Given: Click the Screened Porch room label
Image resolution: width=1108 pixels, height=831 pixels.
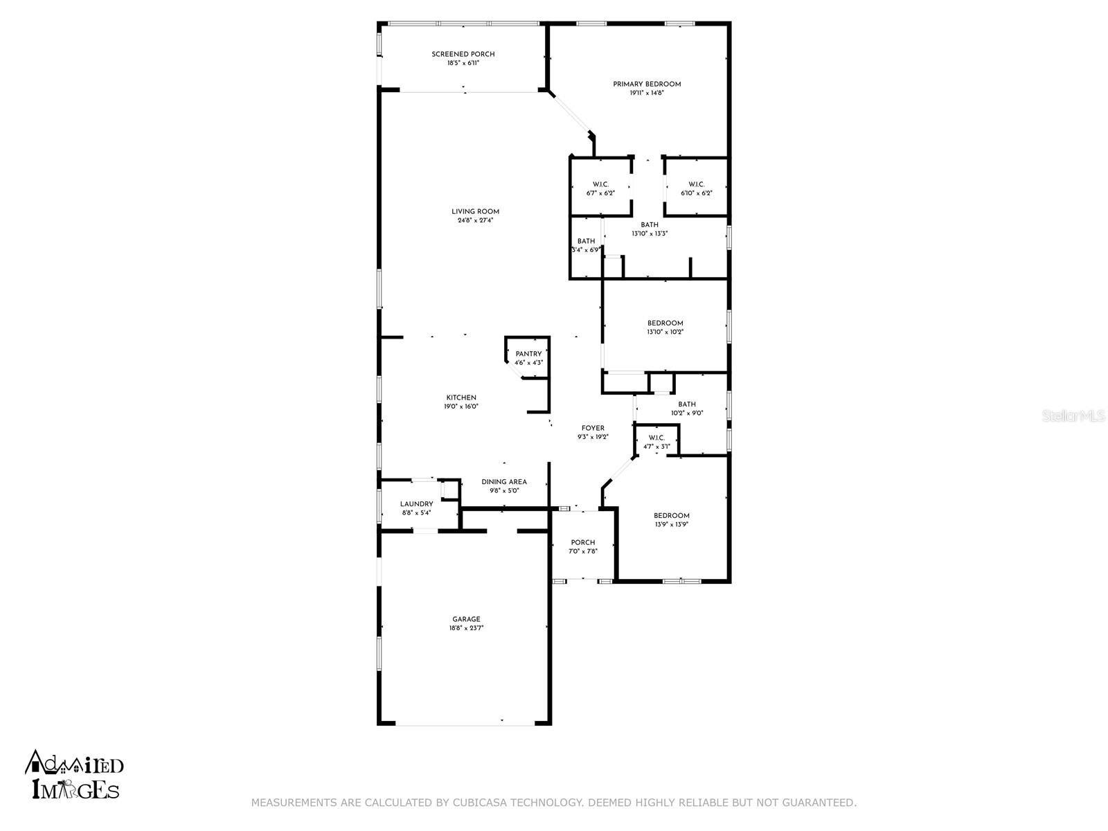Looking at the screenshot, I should [x=463, y=54].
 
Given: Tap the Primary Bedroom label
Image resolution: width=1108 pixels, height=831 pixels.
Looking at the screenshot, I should [x=647, y=84].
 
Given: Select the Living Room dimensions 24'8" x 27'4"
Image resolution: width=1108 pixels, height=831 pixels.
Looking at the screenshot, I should [x=475, y=221].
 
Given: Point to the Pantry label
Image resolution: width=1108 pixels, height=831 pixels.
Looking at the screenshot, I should [x=528, y=354].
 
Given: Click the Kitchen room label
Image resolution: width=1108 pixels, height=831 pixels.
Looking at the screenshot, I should [x=461, y=397].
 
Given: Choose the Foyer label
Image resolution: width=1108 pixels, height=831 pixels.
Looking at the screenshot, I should [x=593, y=429].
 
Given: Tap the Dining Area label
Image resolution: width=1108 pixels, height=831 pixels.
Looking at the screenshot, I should [x=504, y=482].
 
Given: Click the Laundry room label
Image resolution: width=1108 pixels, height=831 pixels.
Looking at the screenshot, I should [x=416, y=504].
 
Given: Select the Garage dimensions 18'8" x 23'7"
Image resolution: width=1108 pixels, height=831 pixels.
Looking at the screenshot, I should [x=466, y=629].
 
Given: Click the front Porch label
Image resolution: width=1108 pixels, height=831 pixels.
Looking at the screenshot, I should [x=582, y=542].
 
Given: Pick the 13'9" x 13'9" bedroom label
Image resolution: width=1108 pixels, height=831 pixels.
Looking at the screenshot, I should [x=672, y=516].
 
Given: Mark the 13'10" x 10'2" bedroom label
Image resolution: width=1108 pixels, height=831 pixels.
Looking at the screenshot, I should [x=665, y=323].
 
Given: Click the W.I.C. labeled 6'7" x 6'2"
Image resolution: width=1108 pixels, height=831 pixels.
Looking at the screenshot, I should [x=600, y=184].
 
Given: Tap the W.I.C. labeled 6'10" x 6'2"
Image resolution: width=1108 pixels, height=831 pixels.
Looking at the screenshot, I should [x=696, y=184].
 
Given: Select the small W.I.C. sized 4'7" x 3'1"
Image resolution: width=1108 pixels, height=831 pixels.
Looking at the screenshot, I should [x=656, y=438].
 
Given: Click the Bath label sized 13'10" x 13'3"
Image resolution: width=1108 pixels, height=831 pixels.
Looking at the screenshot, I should [x=650, y=225].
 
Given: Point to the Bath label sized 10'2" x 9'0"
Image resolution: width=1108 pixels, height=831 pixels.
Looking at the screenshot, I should [x=687, y=404].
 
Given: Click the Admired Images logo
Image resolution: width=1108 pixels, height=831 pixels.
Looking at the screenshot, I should [x=75, y=774].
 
